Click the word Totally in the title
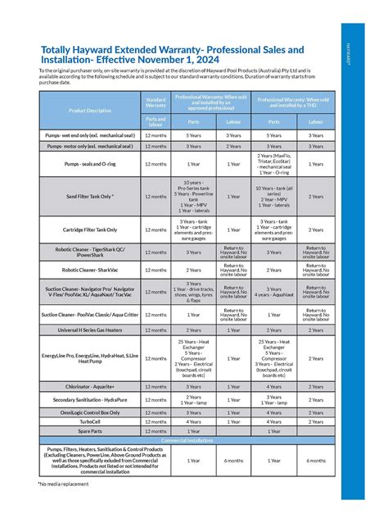(x=56, y=51)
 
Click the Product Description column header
(x=89, y=110)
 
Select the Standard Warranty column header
(x=155, y=102)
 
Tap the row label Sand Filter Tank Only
(x=89, y=197)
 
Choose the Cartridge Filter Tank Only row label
(x=89, y=230)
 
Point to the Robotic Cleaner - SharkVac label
(x=89, y=270)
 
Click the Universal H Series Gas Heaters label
(x=89, y=330)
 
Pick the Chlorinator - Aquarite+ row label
(x=89, y=386)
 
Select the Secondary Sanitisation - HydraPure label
(x=89, y=399)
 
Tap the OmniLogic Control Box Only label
(x=89, y=412)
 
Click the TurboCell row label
(x=89, y=421)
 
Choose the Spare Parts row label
(x=89, y=430)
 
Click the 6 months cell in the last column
(x=315, y=460)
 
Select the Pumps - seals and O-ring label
(x=89, y=163)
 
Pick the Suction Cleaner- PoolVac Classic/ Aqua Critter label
(x=89, y=314)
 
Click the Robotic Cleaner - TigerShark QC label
(x=89, y=252)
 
